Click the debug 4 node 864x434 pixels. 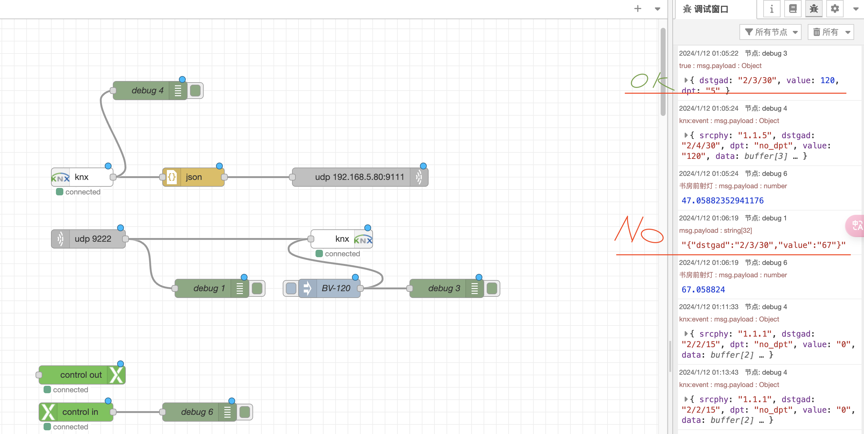coord(146,90)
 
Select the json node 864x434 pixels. coord(193,177)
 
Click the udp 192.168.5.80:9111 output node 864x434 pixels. coord(359,177)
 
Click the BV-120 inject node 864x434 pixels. coord(335,288)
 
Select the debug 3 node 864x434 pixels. coord(443,288)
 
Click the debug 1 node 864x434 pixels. coord(208,288)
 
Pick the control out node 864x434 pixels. coord(81,375)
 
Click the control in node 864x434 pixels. coord(80,412)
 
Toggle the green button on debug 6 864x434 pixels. coord(245,412)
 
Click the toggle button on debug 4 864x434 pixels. coord(195,90)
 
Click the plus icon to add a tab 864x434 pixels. coord(637,9)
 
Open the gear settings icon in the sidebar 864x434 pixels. coord(835,9)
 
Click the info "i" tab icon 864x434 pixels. coord(771,9)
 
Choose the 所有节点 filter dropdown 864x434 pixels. coord(770,32)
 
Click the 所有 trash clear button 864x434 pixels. coord(830,32)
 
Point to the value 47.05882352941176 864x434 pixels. coord(722,201)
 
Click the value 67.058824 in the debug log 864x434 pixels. coord(703,289)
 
